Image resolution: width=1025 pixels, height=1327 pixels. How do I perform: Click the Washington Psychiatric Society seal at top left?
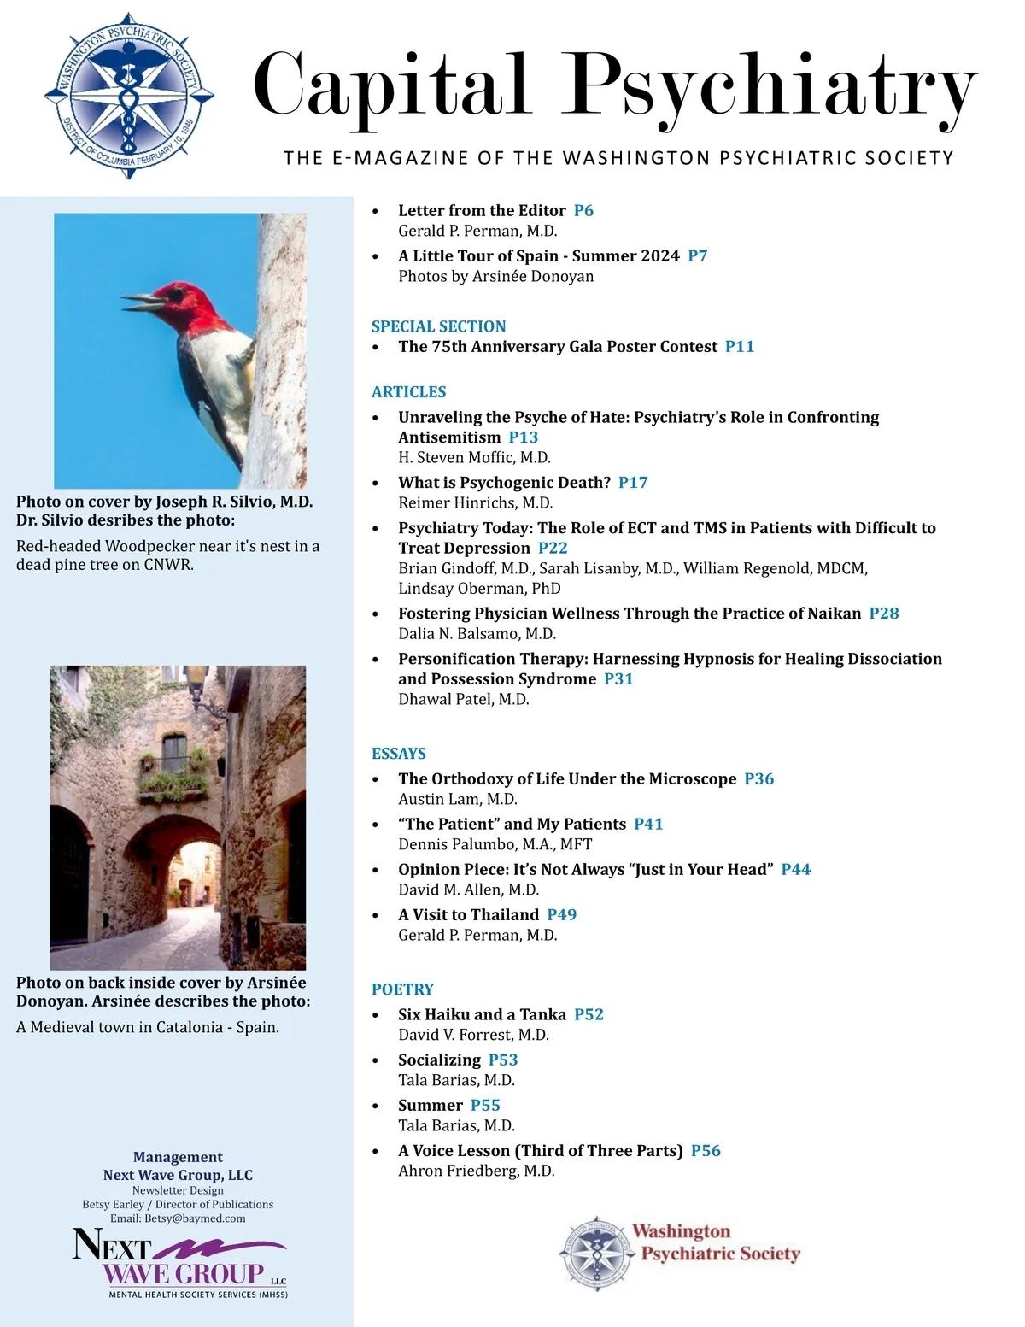click(x=128, y=95)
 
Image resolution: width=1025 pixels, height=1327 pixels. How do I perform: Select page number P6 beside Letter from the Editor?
click(x=583, y=211)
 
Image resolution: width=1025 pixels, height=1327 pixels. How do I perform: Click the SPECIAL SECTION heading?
click(x=438, y=326)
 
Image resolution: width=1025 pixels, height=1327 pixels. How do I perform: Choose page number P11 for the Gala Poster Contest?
click(x=739, y=347)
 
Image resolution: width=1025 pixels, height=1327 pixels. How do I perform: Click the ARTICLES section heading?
click(x=408, y=392)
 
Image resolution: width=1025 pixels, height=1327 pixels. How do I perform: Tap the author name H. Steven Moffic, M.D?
click(x=474, y=457)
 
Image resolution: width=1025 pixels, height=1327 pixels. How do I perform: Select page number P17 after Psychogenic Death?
click(x=633, y=483)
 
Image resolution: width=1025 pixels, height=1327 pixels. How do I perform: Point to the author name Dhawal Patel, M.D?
click(x=463, y=699)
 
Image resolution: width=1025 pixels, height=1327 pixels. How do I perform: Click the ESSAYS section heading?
click(x=398, y=754)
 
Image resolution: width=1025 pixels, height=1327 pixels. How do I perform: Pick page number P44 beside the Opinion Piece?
click(x=795, y=870)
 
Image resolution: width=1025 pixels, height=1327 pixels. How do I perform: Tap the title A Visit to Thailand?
click(x=468, y=915)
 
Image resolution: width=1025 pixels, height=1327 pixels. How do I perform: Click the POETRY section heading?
click(x=402, y=989)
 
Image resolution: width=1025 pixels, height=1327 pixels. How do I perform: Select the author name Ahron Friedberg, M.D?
click(x=476, y=1171)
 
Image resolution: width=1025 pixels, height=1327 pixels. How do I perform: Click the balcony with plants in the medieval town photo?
click(x=174, y=779)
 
